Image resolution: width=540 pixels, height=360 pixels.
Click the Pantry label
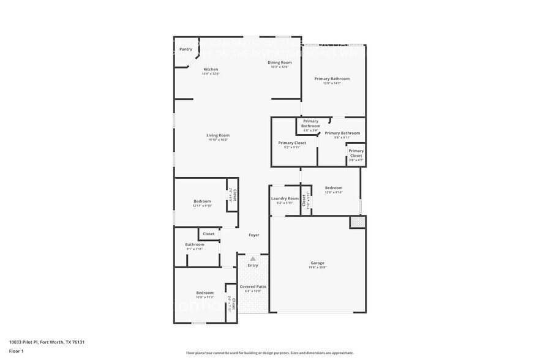pyautogui.click(x=186, y=49)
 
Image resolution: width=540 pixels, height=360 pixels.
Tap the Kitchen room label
pyautogui.click(x=211, y=69)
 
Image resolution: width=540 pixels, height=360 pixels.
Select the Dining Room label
pyautogui.click(x=279, y=62)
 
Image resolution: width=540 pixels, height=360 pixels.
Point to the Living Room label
pyautogui.click(x=217, y=135)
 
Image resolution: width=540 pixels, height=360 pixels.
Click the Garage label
pyautogui.click(x=317, y=263)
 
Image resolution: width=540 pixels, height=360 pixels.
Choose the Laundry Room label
pyautogui.click(x=285, y=198)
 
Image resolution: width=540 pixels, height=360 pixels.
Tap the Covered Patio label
pyautogui.click(x=252, y=287)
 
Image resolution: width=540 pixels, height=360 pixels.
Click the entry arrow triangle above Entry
pyautogui.click(x=253, y=259)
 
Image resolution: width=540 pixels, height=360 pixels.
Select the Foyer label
pyautogui.click(x=253, y=235)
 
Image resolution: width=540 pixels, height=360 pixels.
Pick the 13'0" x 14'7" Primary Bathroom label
pyautogui.click(x=332, y=79)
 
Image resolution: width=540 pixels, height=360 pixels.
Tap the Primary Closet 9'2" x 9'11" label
pyautogui.click(x=292, y=143)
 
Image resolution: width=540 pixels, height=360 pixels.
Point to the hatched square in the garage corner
pyautogui.click(x=357, y=222)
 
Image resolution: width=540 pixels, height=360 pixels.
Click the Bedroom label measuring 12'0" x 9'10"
pyautogui.click(x=334, y=188)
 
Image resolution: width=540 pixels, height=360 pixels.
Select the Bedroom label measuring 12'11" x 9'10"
pyautogui.click(x=202, y=201)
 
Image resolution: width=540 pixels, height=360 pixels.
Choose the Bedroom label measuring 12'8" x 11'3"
pyautogui.click(x=204, y=293)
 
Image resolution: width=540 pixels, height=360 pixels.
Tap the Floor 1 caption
pyautogui.click(x=16, y=351)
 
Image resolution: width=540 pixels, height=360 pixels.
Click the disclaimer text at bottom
pyautogui.click(x=269, y=353)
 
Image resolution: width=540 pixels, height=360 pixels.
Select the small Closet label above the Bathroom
pyautogui.click(x=209, y=234)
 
